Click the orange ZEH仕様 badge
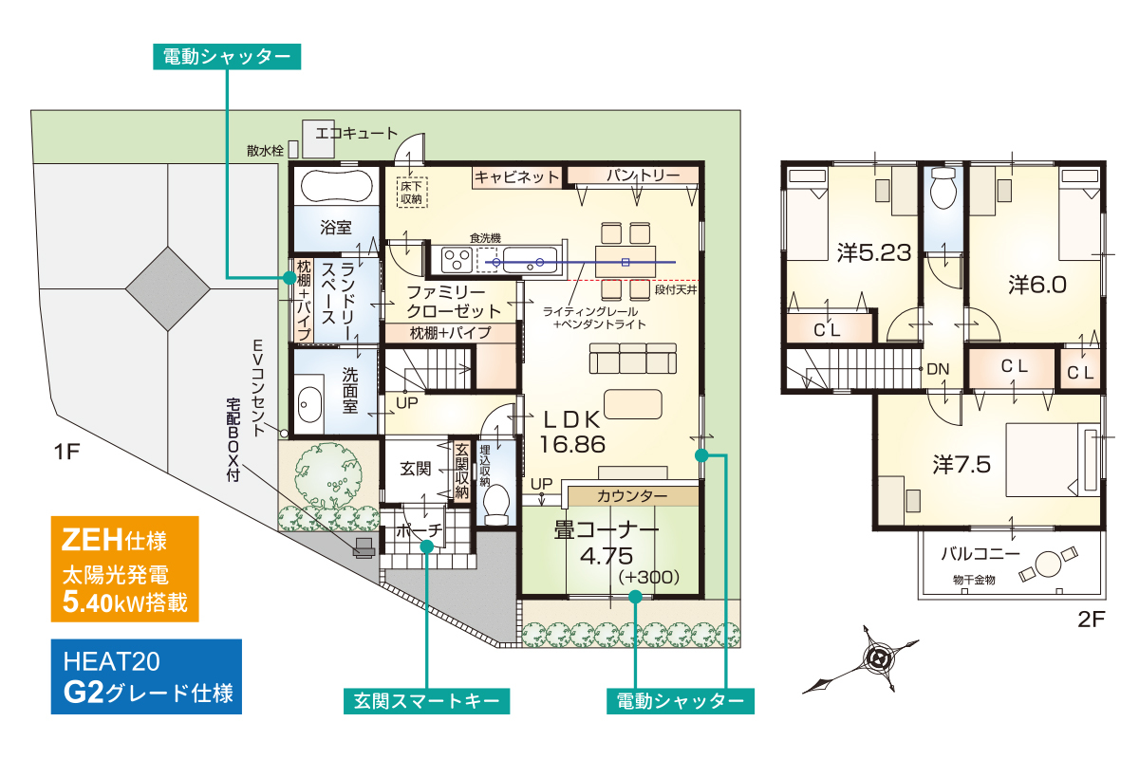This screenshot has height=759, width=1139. (124, 569)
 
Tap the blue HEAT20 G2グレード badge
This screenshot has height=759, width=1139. (146, 676)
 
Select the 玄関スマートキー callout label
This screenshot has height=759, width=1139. (426, 701)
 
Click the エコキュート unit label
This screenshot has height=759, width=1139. (357, 134)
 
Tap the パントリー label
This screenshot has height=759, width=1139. (643, 176)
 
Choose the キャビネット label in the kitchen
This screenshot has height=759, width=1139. (516, 177)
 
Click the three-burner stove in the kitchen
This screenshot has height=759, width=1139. (457, 259)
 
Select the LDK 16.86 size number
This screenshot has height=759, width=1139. (572, 445)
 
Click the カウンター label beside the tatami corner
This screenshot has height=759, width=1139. (632, 496)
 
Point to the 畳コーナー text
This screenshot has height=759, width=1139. (607, 530)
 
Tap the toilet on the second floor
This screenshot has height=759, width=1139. (943, 189)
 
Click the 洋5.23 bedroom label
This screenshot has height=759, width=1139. (874, 252)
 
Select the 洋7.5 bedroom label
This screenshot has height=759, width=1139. (962, 465)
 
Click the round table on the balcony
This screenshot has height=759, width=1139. (1048, 564)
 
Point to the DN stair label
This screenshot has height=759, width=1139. (938, 369)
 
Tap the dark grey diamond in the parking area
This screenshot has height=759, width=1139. (168, 289)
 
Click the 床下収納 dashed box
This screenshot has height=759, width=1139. (412, 193)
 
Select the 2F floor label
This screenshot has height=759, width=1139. (1092, 620)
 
